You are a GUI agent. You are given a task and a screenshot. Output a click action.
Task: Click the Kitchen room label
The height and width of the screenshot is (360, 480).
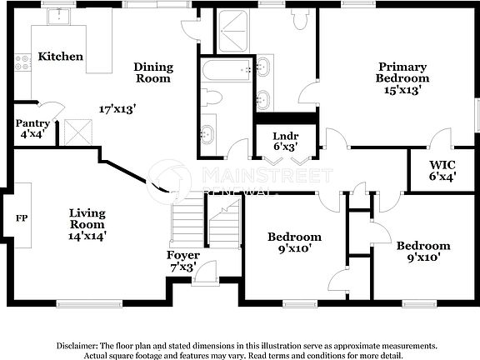pos(61,57)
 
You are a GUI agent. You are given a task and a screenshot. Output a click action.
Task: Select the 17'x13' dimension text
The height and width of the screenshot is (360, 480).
pos(117,109)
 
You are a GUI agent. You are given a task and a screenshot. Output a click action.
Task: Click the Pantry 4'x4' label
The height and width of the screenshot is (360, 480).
pos(33,128)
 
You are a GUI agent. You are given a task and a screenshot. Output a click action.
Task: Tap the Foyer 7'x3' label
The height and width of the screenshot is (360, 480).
pos(182,261)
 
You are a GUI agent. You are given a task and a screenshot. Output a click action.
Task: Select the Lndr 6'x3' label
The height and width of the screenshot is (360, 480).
pos(286,142)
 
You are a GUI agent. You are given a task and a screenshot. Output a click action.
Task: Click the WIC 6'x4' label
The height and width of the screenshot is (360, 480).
pos(442,170)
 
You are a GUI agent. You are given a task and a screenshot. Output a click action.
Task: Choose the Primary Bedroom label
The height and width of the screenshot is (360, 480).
pos(402,78)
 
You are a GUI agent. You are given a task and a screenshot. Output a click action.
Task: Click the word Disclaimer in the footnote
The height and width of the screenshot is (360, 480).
pos(77,344)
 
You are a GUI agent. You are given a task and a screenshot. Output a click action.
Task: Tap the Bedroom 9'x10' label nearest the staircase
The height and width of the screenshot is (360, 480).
pos(293,242)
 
